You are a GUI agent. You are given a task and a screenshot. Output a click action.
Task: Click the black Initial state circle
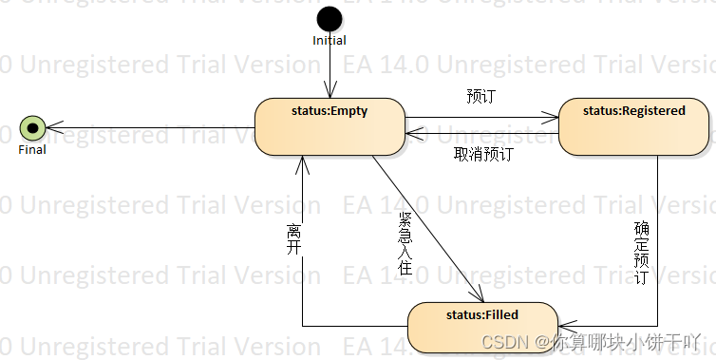point(330,18)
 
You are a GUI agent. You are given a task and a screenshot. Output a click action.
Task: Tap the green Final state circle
point(33,126)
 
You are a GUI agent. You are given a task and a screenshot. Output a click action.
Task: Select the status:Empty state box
point(330,126)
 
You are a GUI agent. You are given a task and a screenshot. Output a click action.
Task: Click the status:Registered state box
point(633,126)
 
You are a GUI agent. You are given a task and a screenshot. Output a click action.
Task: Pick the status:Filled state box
point(481,328)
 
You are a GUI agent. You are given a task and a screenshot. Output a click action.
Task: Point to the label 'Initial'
point(330,40)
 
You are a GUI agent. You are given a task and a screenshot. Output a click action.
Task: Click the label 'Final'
point(33,149)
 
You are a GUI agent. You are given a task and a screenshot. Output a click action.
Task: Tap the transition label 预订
point(481,97)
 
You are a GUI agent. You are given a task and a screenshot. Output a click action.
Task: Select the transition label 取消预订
point(483,154)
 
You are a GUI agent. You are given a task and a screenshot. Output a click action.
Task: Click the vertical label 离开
point(293,240)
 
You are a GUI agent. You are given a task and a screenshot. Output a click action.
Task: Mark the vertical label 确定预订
point(641,254)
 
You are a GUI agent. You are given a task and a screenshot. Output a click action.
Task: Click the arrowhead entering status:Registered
point(553,118)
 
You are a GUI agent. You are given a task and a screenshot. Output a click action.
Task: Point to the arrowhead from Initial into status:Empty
point(330,93)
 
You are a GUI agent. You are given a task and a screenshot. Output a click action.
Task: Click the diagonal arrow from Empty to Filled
point(427,228)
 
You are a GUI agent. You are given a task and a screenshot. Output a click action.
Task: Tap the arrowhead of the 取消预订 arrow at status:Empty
point(410,134)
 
